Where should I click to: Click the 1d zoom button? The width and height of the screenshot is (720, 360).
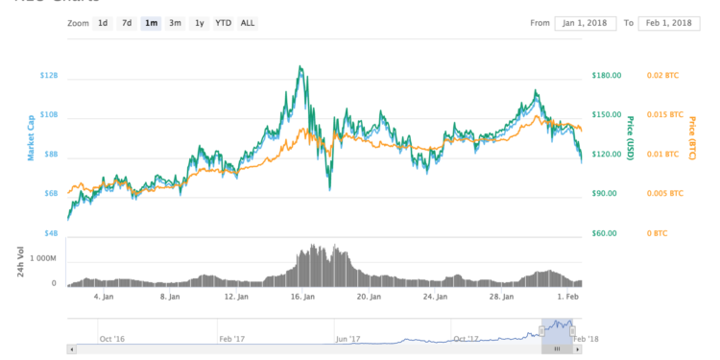[103, 22]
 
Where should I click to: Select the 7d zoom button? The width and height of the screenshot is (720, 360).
[127, 22]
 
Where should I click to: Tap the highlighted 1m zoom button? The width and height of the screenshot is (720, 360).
[151, 22]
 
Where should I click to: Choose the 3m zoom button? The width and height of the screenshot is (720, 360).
[175, 22]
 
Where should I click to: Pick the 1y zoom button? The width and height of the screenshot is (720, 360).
[199, 22]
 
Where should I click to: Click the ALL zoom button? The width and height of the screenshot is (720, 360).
[248, 22]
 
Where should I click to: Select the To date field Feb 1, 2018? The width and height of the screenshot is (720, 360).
[669, 22]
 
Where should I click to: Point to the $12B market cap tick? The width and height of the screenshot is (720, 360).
[48, 75]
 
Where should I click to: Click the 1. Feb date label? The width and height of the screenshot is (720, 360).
[568, 298]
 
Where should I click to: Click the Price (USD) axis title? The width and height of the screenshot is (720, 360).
[630, 138]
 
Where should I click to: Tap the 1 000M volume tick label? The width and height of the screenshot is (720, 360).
[44, 258]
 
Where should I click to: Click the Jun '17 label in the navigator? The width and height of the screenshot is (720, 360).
[348, 338]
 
